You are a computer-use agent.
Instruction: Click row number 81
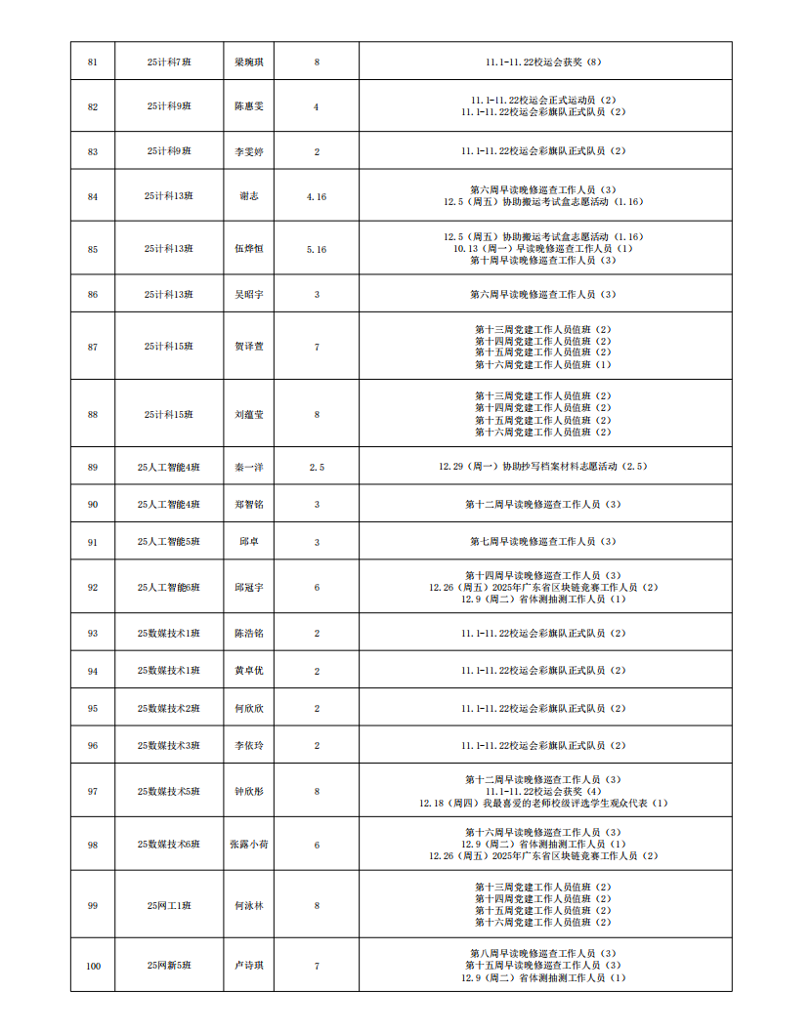pos(93,62)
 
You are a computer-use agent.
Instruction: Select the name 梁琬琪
pos(249,62)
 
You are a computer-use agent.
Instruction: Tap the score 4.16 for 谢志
pos(317,196)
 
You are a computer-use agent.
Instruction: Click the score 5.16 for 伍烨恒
pos(317,249)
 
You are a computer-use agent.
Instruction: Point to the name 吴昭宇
pos(249,294)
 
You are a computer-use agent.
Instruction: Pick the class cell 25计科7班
pos(169,62)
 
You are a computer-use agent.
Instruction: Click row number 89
pos(93,468)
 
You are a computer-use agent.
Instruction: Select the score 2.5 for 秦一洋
pos(317,468)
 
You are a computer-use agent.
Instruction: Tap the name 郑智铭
pos(249,505)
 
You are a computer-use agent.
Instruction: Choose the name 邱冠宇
pos(249,588)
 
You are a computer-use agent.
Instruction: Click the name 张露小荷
pos(249,845)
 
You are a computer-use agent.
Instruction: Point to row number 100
pos(93,966)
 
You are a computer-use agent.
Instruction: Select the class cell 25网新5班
pos(169,966)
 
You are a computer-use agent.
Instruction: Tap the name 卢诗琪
pos(249,966)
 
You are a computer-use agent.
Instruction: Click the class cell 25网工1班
pos(169,905)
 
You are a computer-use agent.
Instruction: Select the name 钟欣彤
pos(249,792)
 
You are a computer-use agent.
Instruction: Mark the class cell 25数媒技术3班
pos(169,746)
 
